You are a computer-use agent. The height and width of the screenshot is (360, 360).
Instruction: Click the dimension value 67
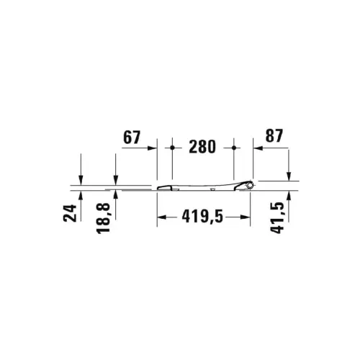point(132,138)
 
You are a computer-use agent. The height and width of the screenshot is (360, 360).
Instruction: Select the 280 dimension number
point(202,147)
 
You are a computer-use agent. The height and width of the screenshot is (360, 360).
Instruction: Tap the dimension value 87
point(274,135)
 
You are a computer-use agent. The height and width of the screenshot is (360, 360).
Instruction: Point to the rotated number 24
point(70,213)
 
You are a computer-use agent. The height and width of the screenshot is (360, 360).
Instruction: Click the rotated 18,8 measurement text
point(103,218)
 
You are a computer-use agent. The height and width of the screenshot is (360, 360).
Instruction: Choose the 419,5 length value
point(202,216)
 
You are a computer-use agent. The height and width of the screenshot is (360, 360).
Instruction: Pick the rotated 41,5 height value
point(277,217)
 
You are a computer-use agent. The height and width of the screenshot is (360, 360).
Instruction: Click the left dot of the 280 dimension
point(172,148)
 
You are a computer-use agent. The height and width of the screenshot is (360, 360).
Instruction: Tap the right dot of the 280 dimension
point(234,148)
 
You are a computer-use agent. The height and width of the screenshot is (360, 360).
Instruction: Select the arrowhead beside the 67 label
point(152,148)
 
